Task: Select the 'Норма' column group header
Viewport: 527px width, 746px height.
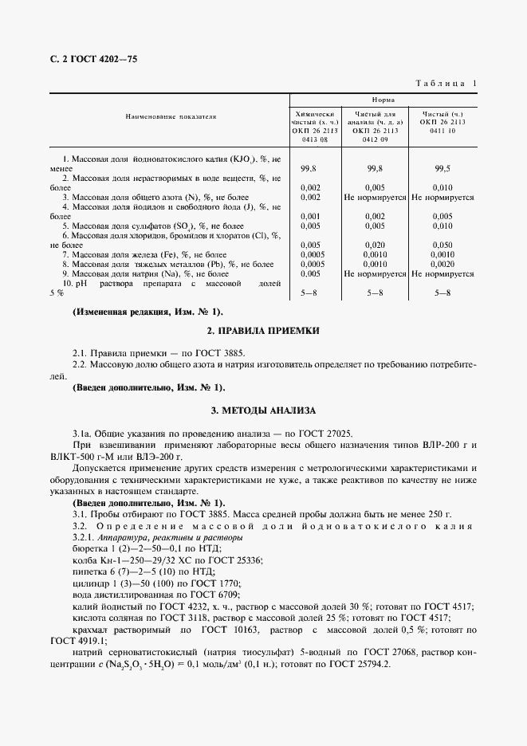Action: click(383, 100)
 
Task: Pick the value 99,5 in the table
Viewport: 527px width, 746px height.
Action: click(442, 169)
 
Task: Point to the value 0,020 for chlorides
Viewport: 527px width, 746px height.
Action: click(374, 245)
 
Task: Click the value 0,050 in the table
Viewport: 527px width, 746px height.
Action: click(442, 245)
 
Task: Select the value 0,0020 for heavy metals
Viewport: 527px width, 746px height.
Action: click(442, 264)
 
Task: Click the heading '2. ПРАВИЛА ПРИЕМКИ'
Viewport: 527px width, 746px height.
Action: click(263, 330)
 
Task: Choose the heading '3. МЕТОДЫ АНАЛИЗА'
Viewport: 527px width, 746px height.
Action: click(263, 410)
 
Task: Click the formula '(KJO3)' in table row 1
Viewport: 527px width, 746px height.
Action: click(242, 160)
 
